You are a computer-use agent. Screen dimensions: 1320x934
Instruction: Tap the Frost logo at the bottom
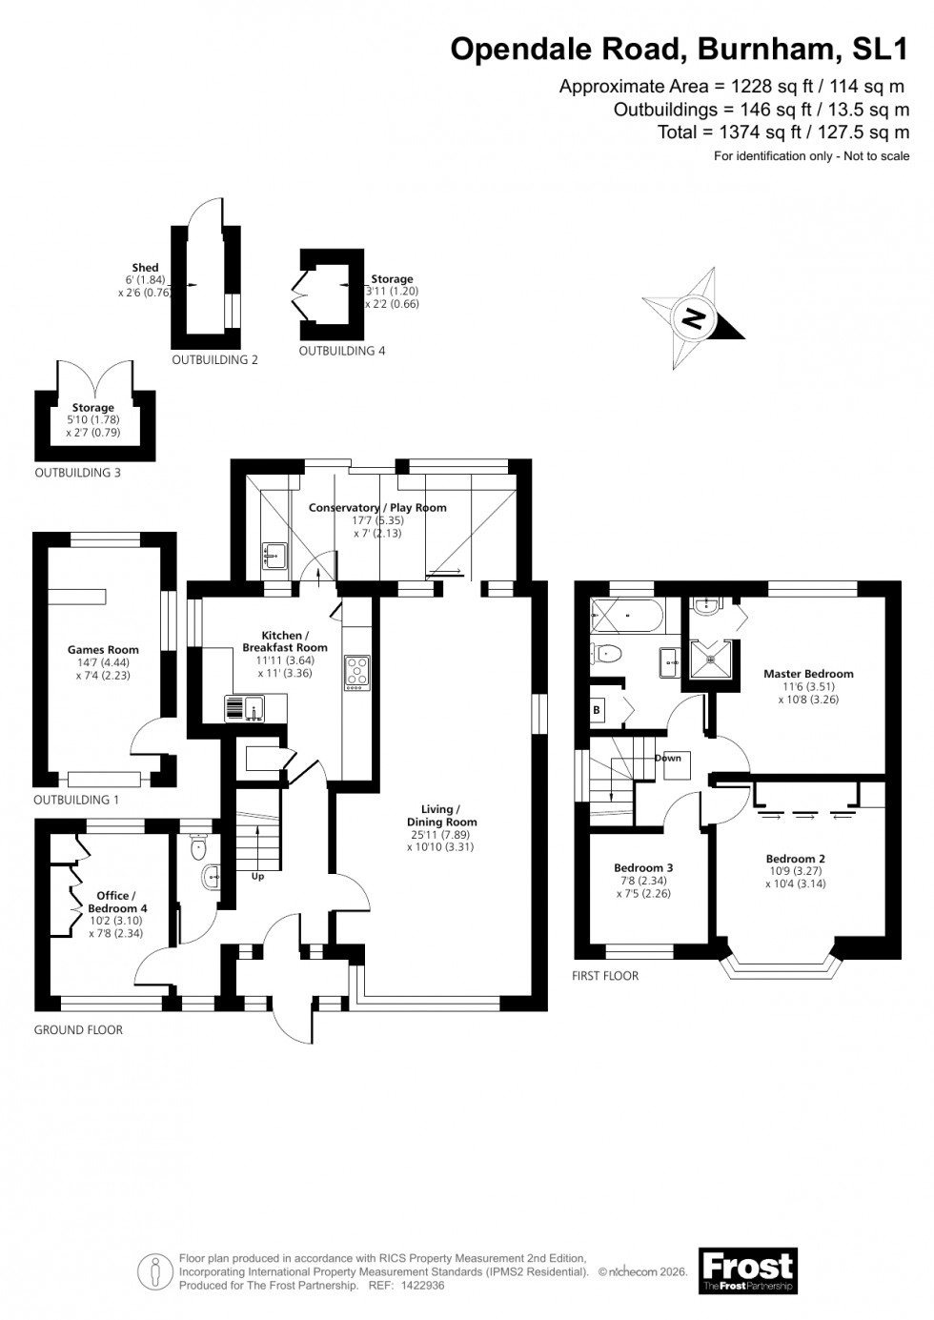(x=747, y=1270)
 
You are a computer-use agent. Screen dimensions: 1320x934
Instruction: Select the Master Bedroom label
(x=808, y=674)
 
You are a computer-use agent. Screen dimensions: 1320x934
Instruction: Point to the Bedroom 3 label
(x=643, y=867)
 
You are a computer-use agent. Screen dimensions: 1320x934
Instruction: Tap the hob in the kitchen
(x=357, y=671)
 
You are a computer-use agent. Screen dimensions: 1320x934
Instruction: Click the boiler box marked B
(x=598, y=709)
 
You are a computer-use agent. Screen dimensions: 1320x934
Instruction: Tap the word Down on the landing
(x=668, y=759)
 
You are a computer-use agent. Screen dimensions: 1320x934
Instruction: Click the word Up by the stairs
(x=257, y=876)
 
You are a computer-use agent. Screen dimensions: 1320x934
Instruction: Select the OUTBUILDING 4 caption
(x=342, y=351)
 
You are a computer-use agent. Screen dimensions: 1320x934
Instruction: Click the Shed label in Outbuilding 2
(x=145, y=268)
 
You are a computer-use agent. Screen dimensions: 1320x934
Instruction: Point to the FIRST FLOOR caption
(x=605, y=976)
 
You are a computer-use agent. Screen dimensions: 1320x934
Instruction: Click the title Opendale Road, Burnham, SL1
(x=680, y=49)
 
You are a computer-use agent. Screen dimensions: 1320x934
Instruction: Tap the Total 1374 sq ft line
(x=782, y=132)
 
